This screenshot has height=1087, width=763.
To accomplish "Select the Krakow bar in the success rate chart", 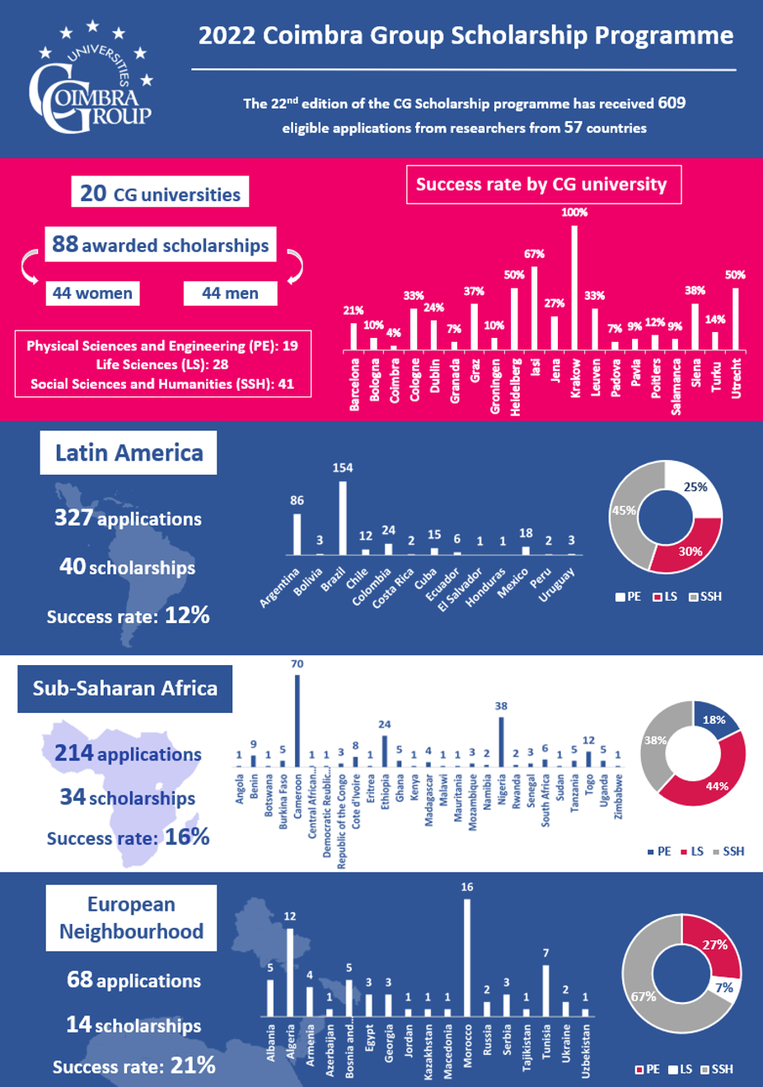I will point(574,288).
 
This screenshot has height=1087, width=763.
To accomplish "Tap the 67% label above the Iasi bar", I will point(534,254).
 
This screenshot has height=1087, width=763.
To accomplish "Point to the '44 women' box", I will point(92,293).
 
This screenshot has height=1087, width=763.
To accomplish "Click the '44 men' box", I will point(230,293).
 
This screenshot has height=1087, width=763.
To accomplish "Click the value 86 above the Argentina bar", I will point(297,500).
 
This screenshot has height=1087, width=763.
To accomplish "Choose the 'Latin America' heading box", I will point(129,452).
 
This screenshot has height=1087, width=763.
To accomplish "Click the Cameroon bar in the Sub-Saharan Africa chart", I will point(297,721).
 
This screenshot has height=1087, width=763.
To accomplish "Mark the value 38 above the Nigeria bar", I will point(501,706).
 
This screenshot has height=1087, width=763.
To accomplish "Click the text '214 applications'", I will point(128,753).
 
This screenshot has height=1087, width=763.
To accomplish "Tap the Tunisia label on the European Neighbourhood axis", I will point(546,1045).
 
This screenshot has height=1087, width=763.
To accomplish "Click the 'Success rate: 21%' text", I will point(133,1066).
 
